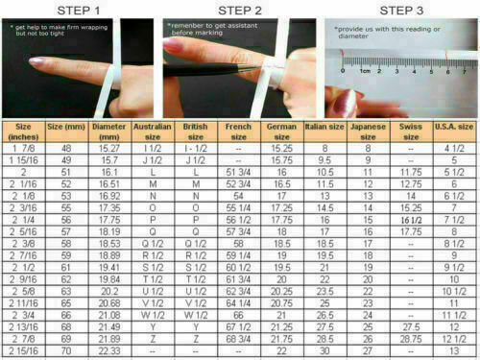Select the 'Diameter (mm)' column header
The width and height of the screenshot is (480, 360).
point(111,131)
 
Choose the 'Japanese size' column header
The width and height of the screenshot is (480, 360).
point(365,131)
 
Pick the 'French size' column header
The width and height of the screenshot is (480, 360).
point(239,131)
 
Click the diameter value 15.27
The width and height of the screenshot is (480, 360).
point(111,148)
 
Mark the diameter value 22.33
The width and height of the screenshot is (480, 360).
point(111,351)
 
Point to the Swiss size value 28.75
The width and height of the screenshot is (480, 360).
point(411,339)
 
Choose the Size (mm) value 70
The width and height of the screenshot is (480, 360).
point(65,351)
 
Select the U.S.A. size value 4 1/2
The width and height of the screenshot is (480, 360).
point(453,148)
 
